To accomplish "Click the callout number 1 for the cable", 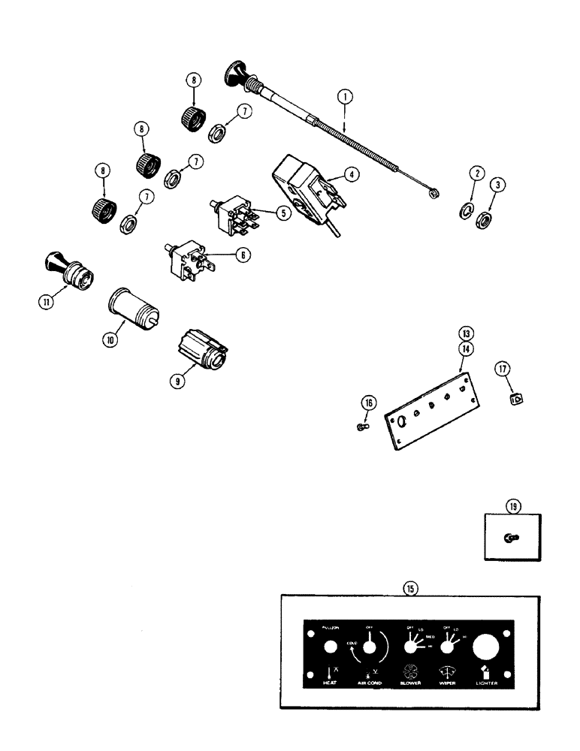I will click(x=345, y=97).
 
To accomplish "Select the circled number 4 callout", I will click(x=352, y=173).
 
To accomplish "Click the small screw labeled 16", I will click(x=361, y=427).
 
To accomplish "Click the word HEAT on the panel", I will click(x=328, y=683).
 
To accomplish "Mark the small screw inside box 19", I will click(x=511, y=538).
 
